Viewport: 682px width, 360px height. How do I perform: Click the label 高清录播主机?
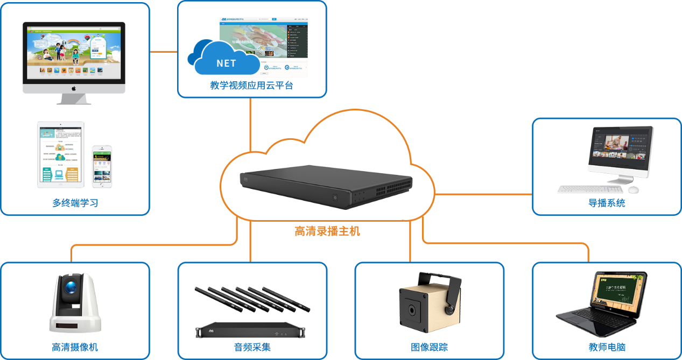tap(327, 231)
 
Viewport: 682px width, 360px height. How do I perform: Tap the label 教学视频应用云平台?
tap(251, 85)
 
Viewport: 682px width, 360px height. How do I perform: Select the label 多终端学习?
tap(75, 203)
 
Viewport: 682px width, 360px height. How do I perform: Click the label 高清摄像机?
tap(75, 347)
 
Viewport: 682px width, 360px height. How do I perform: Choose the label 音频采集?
tap(252, 347)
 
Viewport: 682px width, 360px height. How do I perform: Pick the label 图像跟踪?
tap(429, 347)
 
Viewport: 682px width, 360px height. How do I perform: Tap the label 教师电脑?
tap(607, 347)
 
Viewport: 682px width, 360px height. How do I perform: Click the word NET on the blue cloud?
tap(226, 63)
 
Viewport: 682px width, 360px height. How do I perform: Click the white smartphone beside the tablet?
tap(102, 166)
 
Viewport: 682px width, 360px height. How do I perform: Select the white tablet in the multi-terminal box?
tap(60, 154)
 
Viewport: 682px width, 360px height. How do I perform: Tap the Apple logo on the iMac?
tap(74, 88)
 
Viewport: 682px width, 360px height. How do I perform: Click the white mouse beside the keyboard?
tap(634, 190)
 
